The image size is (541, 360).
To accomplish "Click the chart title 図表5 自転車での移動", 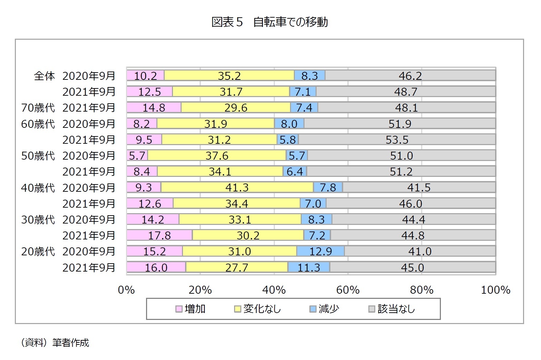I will point(270,22).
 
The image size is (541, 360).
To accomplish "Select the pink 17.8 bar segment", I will point(159,235).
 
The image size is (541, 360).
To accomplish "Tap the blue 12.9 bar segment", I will point(320,251).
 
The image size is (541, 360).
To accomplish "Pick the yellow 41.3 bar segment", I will point(237,187).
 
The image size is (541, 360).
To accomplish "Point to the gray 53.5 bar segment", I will point(397,140).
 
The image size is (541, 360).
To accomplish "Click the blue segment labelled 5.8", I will point(288,140).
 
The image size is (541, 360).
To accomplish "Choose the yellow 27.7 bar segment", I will point(237,267).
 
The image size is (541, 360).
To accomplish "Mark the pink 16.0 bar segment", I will point(156,267).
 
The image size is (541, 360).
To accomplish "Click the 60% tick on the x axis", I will point(348,290).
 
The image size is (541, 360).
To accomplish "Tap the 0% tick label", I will point(126,290).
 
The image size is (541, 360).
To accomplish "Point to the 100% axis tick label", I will point(495,290).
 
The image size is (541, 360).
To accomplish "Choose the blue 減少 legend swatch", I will point(313,309).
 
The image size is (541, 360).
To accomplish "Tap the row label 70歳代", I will point(38,108).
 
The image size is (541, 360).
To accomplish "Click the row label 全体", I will point(44,76).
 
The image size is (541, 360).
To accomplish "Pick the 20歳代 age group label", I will point(38,252).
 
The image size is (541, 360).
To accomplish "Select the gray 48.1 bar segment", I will point(406,107).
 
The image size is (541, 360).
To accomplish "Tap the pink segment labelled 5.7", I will point(137,155).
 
